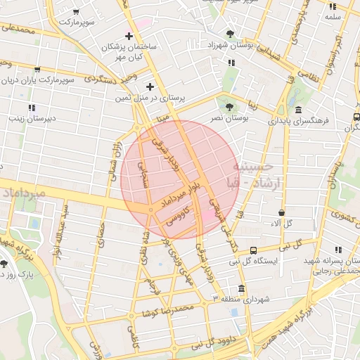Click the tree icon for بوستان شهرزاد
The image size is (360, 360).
click(x=230, y=34)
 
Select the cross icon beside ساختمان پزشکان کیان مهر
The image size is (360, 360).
click(x=128, y=36)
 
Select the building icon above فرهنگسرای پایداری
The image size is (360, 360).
click(x=299, y=110)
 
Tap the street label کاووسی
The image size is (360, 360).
click(x=175, y=214)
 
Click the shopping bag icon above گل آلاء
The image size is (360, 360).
click(x=281, y=212)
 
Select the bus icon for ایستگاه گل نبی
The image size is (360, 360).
click(x=253, y=250)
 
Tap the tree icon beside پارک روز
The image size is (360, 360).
click(x=5, y=264)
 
